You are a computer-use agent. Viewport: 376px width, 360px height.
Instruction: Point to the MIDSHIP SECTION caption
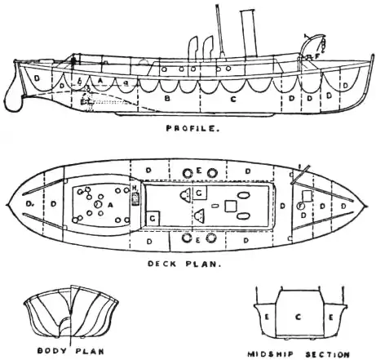291,354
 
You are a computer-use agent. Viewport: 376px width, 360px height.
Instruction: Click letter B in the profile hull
168,99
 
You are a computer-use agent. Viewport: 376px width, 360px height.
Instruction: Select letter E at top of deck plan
198,171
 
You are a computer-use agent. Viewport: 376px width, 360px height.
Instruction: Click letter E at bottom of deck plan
198,239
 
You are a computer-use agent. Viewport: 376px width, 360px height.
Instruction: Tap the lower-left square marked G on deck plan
153,218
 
